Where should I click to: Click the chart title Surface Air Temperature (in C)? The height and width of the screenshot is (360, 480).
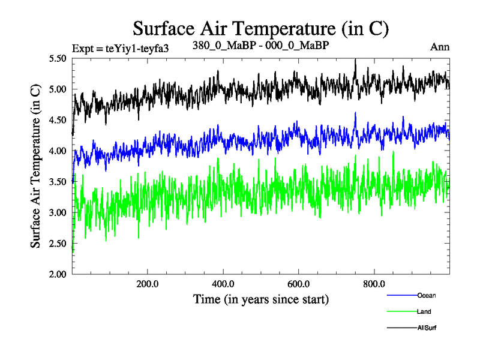click(x=260, y=29)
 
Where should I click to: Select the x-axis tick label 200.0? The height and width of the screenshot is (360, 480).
click(x=147, y=284)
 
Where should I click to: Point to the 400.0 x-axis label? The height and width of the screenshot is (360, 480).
click(x=223, y=284)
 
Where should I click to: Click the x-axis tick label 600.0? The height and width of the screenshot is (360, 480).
click(x=298, y=284)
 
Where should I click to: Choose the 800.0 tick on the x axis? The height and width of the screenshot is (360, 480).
click(x=374, y=284)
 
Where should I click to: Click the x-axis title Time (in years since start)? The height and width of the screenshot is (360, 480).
click(x=260, y=299)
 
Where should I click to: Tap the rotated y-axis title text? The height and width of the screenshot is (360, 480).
click(x=35, y=166)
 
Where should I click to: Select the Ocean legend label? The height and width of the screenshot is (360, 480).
click(x=427, y=295)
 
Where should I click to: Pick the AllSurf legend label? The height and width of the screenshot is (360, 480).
click(x=427, y=328)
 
